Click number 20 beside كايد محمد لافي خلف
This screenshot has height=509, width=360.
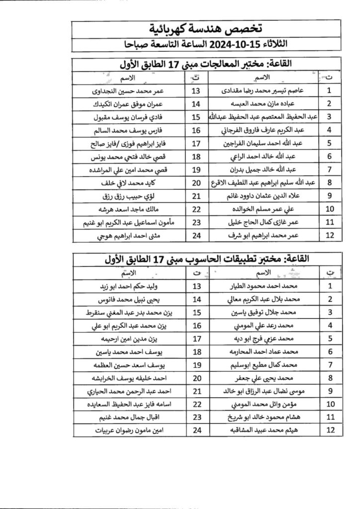[x=196, y=183]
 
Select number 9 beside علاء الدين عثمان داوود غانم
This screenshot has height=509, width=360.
[x=329, y=196]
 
